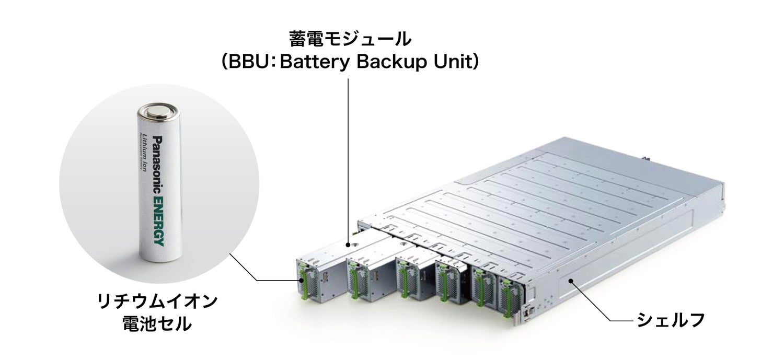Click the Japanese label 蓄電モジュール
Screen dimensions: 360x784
pos(349,39)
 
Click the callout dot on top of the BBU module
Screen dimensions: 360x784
pos(349,243)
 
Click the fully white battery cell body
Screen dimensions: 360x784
pos(157,188)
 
